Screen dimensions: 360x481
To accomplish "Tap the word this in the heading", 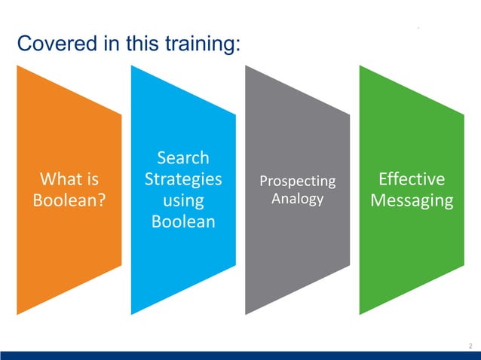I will coord(133,44).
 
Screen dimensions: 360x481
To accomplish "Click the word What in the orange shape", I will coord(62,179).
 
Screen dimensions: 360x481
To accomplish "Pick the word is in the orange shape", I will coord(91,179).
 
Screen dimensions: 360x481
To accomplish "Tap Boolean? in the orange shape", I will coord(69,201).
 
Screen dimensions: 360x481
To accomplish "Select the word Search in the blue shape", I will coord(183,158).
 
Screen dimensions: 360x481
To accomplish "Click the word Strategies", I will coord(183,179).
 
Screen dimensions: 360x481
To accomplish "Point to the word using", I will coord(183,201).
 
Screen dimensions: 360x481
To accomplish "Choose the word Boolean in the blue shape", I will coord(183,222).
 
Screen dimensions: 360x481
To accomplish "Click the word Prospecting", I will coord(297,182).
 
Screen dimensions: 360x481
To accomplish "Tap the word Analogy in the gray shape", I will coord(297,199).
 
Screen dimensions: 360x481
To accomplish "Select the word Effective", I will coord(412,179).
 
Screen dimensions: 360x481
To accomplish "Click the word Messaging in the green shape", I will coord(412,201).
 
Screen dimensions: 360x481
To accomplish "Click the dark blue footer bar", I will coord(240,355).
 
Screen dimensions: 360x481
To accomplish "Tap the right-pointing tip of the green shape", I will coord(463,188).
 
